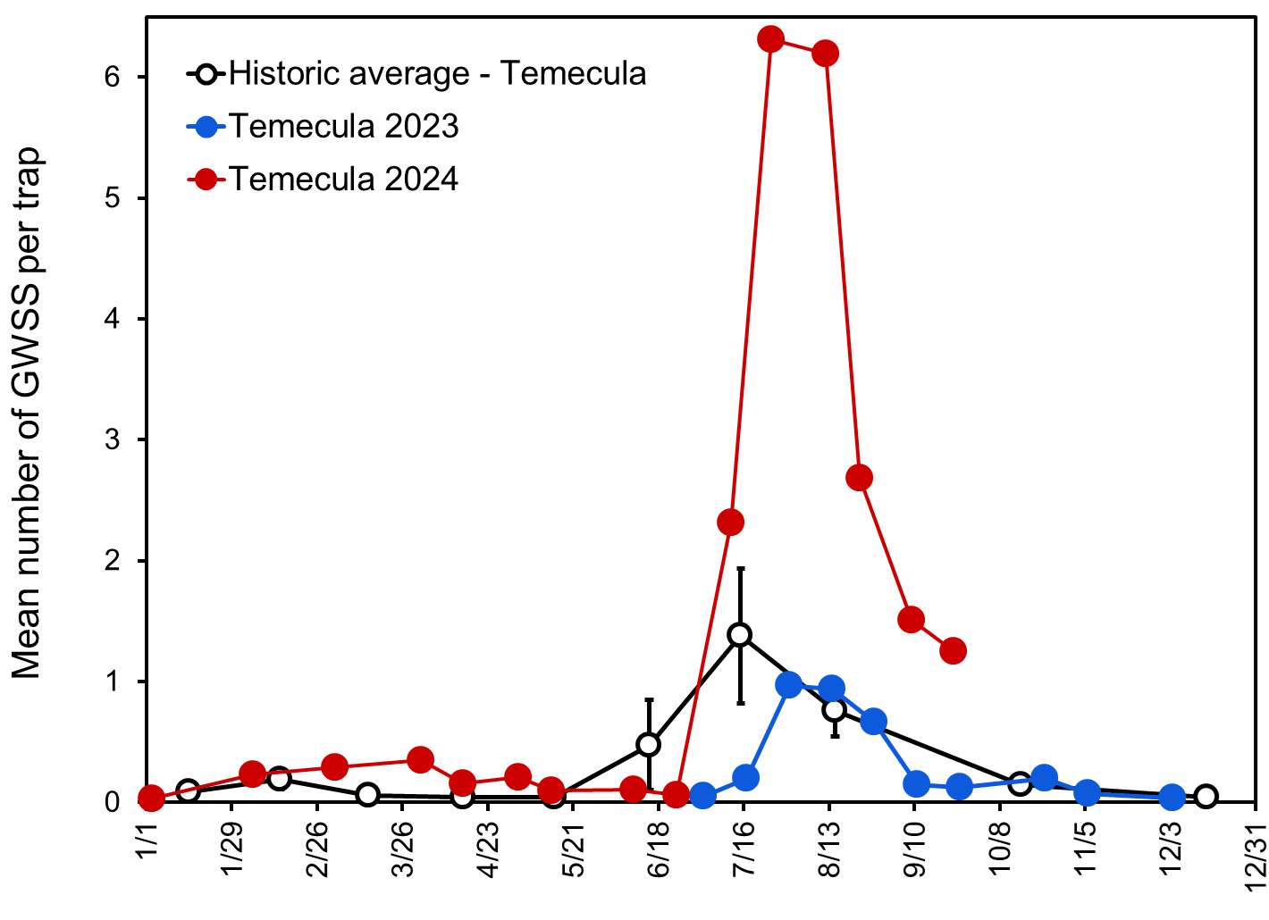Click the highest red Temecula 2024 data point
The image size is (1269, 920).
[x=770, y=39]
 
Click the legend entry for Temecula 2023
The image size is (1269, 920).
[x=343, y=127]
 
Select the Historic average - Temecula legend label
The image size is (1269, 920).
[x=437, y=73]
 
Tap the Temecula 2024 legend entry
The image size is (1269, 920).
[x=343, y=180]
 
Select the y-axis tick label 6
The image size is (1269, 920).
[x=112, y=78]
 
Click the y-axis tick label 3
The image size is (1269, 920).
[x=112, y=440]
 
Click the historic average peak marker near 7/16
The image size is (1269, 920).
[x=739, y=635]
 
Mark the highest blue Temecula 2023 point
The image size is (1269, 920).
[x=789, y=685]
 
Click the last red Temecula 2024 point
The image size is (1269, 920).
[x=953, y=650]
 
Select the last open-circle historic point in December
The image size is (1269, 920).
[x=1206, y=797]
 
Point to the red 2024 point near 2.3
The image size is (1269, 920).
[x=730, y=523]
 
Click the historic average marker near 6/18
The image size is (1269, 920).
[x=649, y=744]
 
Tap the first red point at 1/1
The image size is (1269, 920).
[x=151, y=799]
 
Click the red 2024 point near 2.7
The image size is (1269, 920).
[x=859, y=478]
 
